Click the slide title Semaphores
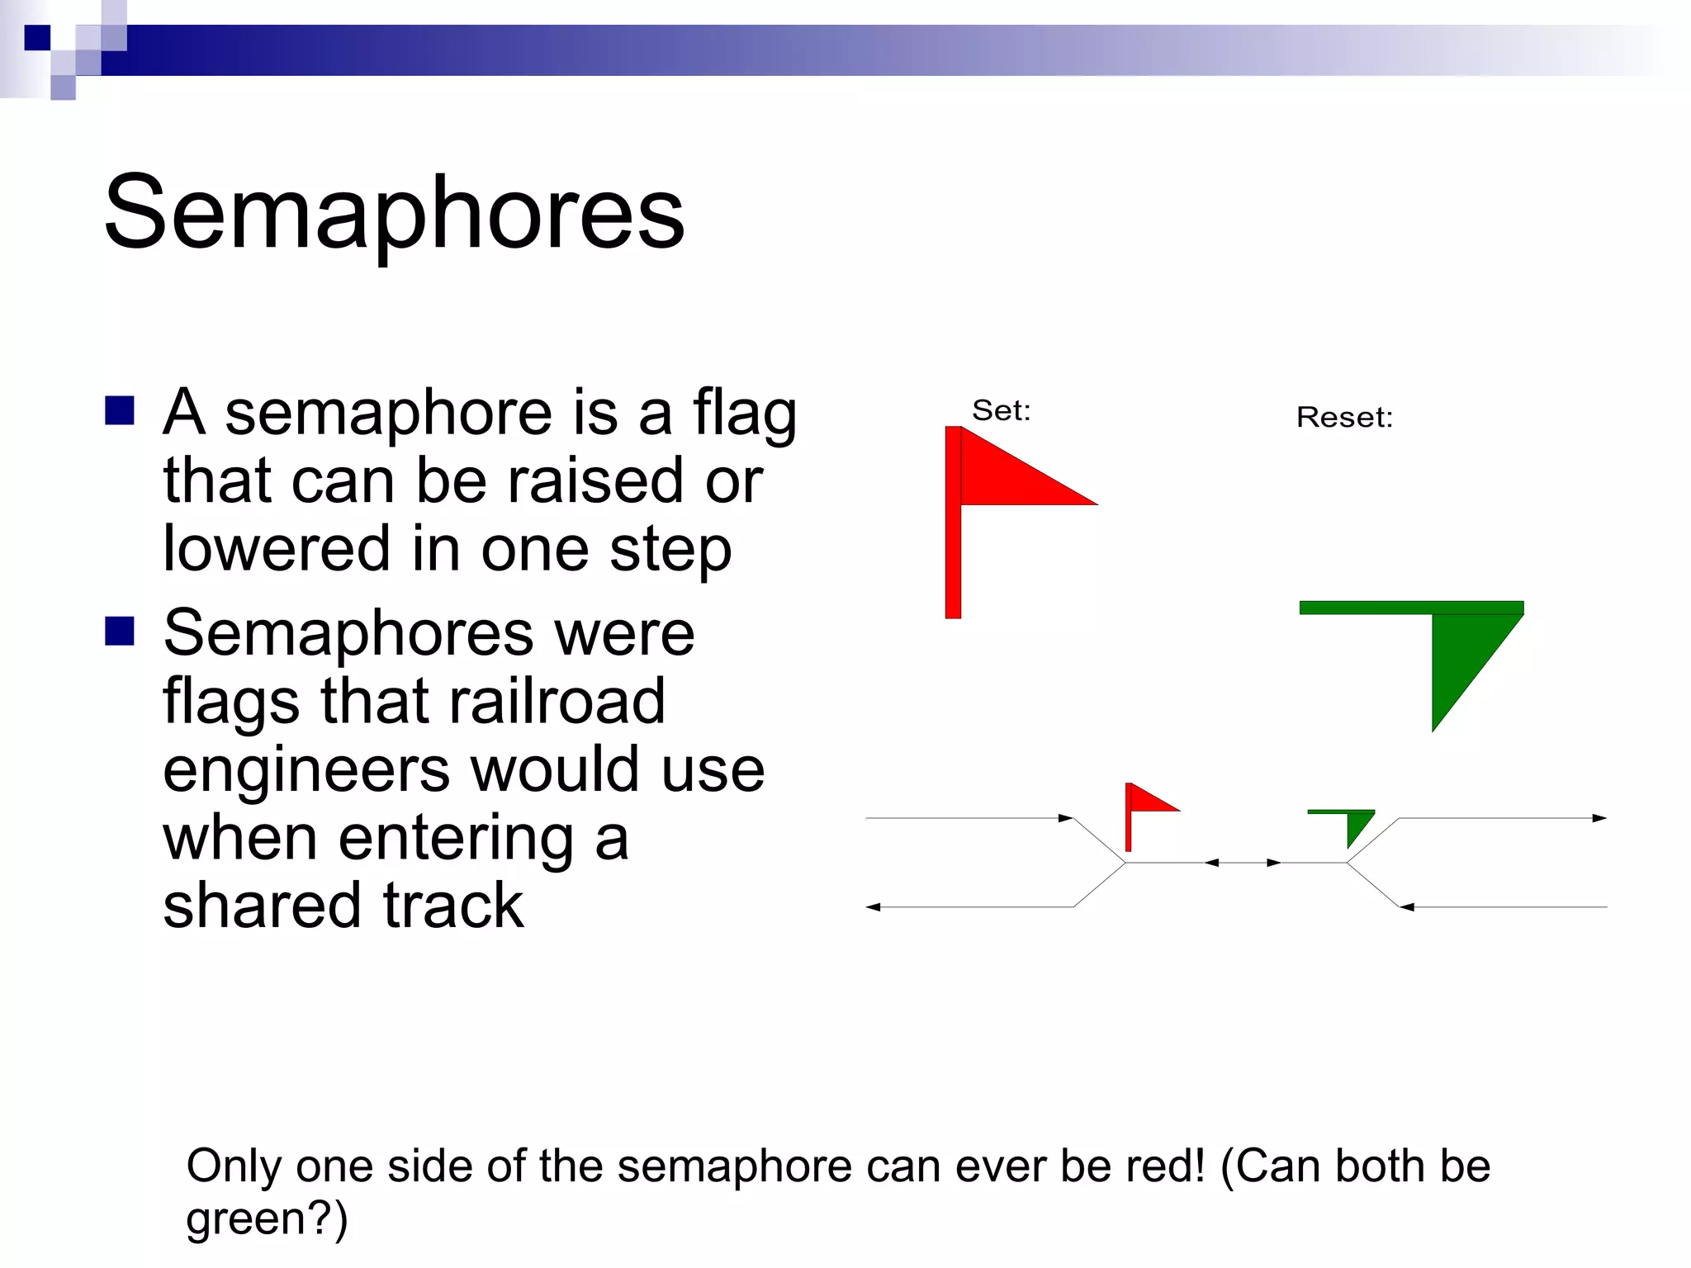click(394, 213)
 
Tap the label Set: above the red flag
click(1001, 410)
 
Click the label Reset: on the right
click(1344, 417)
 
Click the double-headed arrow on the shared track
click(1243, 863)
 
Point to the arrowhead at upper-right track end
click(1599, 818)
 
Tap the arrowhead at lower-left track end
click(874, 907)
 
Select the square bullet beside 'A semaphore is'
click(120, 410)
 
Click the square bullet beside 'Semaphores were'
click(120, 631)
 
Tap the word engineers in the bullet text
click(306, 769)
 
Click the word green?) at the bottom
click(267, 1218)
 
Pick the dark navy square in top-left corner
click(37, 37)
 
